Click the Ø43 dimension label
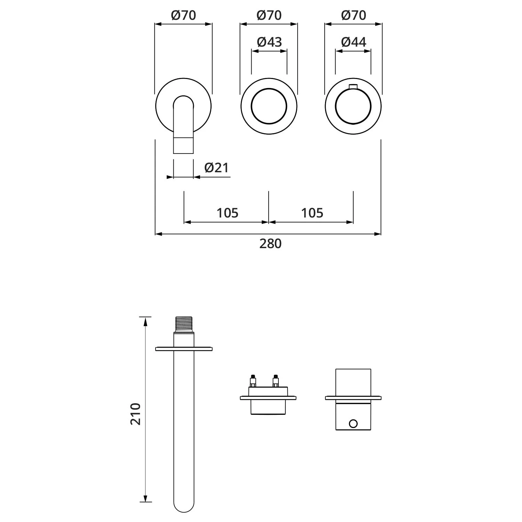point(269,42)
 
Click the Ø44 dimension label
point(354,42)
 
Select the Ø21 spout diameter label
point(216,168)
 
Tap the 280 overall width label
point(270,244)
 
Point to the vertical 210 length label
point(136,414)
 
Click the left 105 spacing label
point(228,213)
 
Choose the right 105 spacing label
point(312,213)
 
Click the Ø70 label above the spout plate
point(183,15)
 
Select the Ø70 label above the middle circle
point(269,15)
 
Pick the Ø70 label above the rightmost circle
point(354,15)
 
